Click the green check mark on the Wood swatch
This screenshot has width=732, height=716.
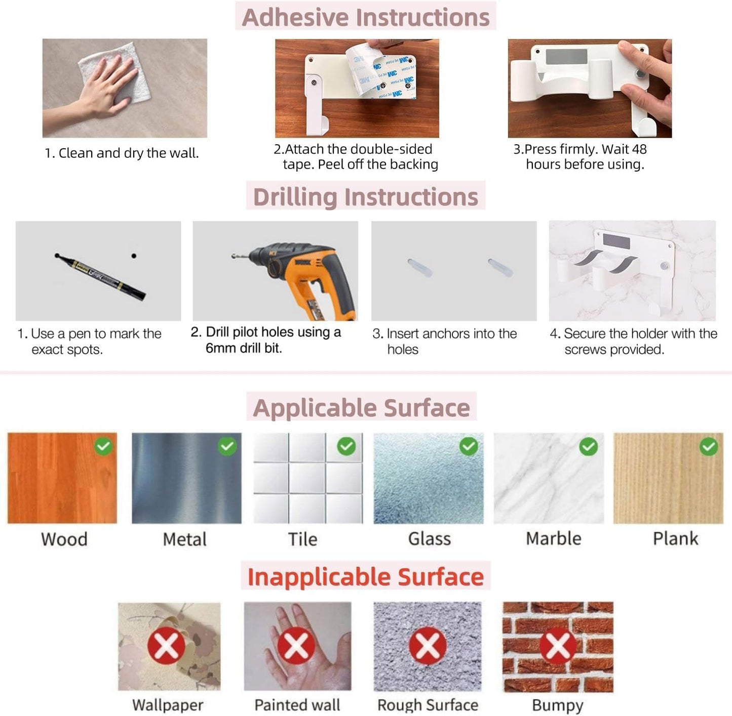[104, 446]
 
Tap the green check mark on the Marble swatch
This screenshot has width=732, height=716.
[589, 446]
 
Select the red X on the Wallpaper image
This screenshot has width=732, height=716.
[166, 646]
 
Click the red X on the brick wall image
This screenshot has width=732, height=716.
[558, 646]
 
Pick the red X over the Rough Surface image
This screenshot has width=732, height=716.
[428, 646]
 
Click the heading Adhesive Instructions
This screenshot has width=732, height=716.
[366, 17]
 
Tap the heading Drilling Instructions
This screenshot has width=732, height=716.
[365, 197]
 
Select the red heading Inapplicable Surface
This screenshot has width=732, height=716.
[366, 577]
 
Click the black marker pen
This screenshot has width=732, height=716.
[100, 276]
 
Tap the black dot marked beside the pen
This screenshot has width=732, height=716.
[134, 256]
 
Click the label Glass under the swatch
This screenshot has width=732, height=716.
[430, 539]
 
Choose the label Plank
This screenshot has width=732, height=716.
[675, 538]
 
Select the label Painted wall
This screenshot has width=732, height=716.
[297, 705]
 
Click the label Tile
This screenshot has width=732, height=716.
[303, 539]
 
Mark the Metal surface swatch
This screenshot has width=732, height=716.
[186, 478]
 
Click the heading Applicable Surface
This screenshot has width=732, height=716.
[361, 408]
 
